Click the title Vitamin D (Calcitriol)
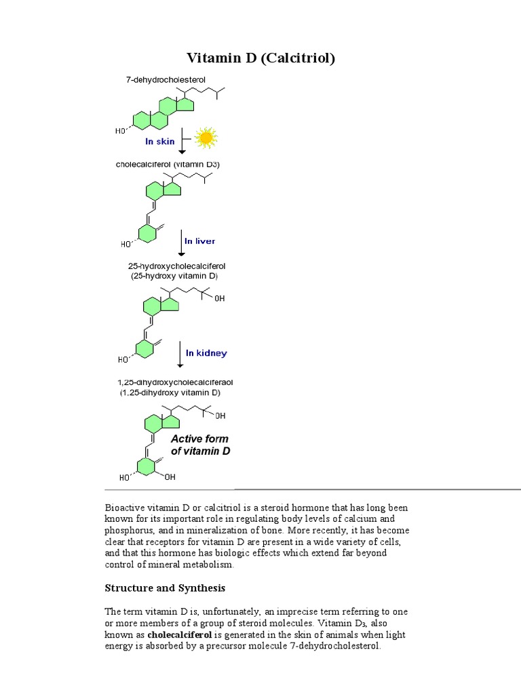coord(260,58)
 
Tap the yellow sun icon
coord(206,138)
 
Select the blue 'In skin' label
coord(159,142)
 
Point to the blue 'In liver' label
coord(200,241)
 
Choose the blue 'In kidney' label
coord(206,353)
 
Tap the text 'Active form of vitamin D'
coord(200,445)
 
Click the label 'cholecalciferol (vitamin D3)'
coord(168,165)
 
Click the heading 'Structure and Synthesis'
coord(165,588)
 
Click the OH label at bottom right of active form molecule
coord(169,477)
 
